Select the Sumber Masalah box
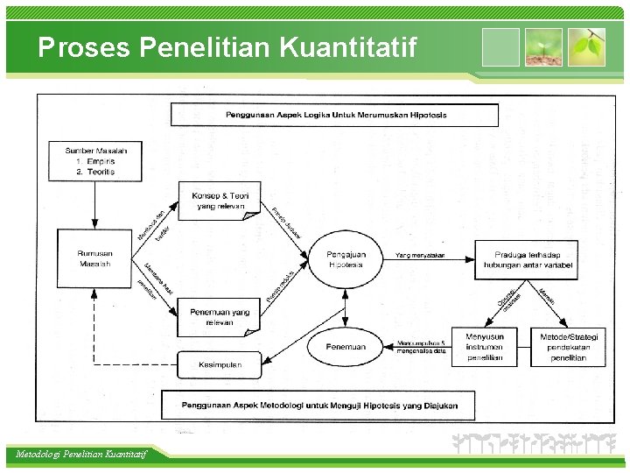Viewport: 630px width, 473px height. (90, 161)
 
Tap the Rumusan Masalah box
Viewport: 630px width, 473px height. (94, 258)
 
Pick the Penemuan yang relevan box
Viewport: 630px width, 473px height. (219, 316)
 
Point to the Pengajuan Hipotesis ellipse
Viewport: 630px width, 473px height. (346, 259)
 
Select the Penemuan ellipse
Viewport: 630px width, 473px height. (346, 347)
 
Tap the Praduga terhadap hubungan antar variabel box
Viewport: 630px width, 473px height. (527, 260)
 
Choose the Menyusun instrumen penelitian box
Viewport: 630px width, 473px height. (485, 347)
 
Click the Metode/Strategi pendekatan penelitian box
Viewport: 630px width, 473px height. (569, 347)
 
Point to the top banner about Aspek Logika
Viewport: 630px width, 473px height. (335, 115)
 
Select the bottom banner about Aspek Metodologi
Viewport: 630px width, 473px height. (319, 405)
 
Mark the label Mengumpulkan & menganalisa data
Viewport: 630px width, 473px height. (422, 347)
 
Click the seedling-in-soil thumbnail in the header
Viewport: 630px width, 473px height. (543, 47)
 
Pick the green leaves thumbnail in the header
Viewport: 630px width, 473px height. (586, 47)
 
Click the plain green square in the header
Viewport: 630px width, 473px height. (500, 47)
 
